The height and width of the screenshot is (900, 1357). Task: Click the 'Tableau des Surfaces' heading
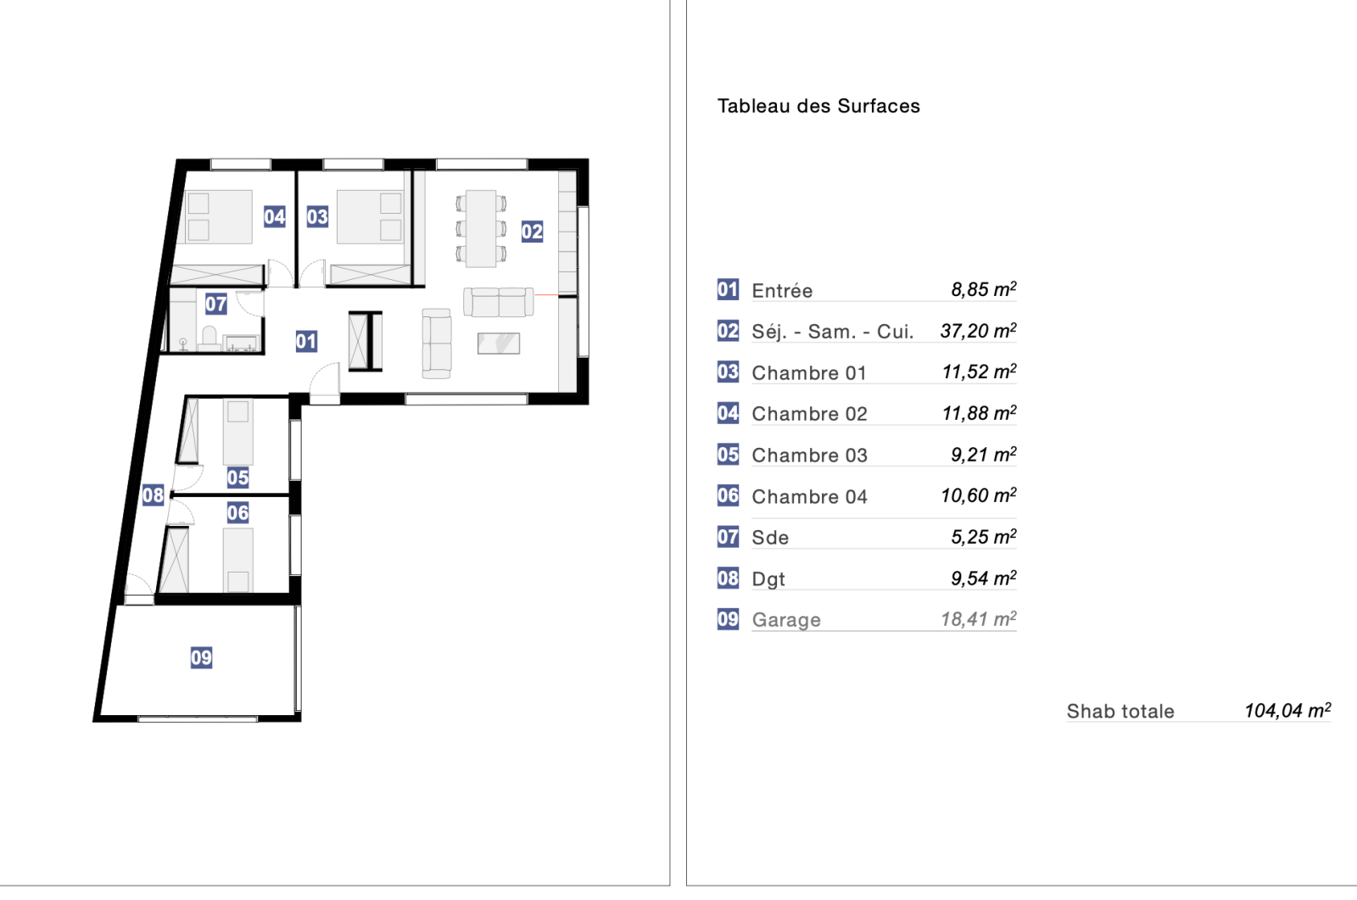point(818,106)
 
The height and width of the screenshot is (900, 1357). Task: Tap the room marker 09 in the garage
point(201,657)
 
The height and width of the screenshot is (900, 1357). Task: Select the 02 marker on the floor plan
point(532,232)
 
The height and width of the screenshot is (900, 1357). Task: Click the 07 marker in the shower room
point(215,304)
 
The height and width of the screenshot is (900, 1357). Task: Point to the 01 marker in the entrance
point(306,341)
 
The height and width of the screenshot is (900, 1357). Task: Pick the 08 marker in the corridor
point(153,495)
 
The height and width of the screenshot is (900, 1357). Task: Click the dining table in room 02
point(481,228)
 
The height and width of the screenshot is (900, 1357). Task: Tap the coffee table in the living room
point(499,344)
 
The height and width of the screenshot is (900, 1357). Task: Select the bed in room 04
point(218,217)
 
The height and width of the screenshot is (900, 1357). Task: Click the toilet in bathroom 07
point(209,338)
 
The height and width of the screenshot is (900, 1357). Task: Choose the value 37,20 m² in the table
point(979,331)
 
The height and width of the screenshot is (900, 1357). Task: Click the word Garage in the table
point(786,620)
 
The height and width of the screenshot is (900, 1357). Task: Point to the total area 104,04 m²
point(1288,710)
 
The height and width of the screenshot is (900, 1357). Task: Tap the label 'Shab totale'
point(1120,711)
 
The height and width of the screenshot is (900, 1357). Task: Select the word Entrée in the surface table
point(782,291)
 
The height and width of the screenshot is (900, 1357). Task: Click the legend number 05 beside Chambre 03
point(728,455)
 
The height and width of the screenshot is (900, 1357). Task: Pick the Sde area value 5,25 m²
point(984,537)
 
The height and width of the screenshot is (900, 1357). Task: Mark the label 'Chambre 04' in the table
point(809,497)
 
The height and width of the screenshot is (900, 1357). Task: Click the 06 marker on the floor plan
point(237,512)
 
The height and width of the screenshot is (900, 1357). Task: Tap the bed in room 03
point(370,217)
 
